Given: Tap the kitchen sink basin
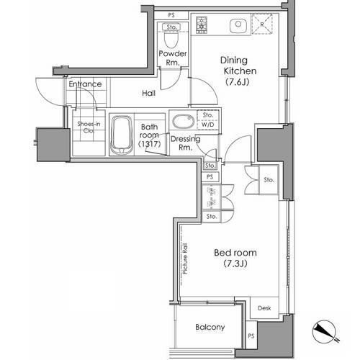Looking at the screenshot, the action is (x=238, y=25).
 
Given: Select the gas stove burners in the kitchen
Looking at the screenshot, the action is (x=202, y=25).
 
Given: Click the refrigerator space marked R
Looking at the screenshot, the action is (x=262, y=24).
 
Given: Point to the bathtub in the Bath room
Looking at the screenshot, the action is (x=122, y=135).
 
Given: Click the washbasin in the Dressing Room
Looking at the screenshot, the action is (x=184, y=122).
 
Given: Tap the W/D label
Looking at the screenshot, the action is (x=208, y=125).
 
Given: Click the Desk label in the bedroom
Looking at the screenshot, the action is (x=264, y=308).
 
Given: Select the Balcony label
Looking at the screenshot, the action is (x=210, y=327).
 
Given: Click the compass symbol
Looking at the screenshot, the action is (x=325, y=332).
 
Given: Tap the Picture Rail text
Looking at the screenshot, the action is (x=185, y=258).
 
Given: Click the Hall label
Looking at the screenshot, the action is (x=148, y=93).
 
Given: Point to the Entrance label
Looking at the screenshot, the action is (x=85, y=84).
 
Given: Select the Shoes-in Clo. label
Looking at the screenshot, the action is (x=89, y=127).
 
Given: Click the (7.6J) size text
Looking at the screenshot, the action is (x=237, y=82).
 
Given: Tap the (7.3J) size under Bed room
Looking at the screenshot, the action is (x=235, y=264).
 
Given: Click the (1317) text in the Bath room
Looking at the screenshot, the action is (x=149, y=144).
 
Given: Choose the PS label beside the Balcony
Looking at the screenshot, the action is (x=251, y=336).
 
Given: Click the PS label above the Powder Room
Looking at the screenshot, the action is (x=171, y=15).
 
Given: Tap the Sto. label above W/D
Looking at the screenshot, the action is (x=208, y=115).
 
